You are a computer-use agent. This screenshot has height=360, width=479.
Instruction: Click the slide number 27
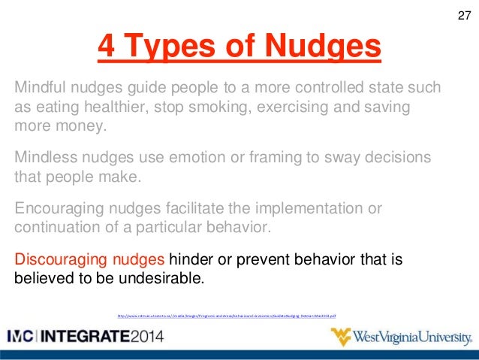(463, 16)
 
